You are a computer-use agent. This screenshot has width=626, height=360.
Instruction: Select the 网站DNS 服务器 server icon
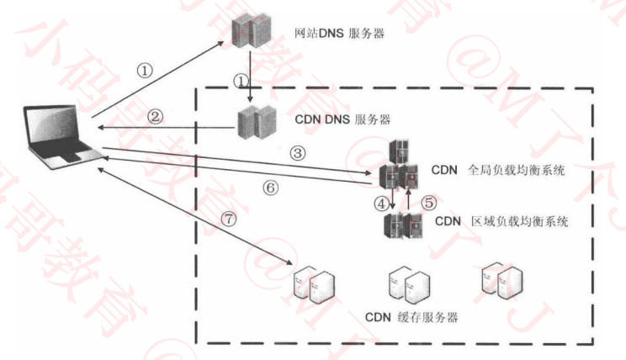tap(251, 34)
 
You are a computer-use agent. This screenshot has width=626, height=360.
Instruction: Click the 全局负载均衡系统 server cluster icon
tap(398, 168)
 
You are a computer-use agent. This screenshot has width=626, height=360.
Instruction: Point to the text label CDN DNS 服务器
tap(343, 119)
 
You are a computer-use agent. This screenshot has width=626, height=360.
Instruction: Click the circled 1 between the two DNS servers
tap(241, 81)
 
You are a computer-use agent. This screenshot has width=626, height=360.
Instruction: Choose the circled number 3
tap(296, 153)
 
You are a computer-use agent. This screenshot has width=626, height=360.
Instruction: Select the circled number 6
tap(269, 188)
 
